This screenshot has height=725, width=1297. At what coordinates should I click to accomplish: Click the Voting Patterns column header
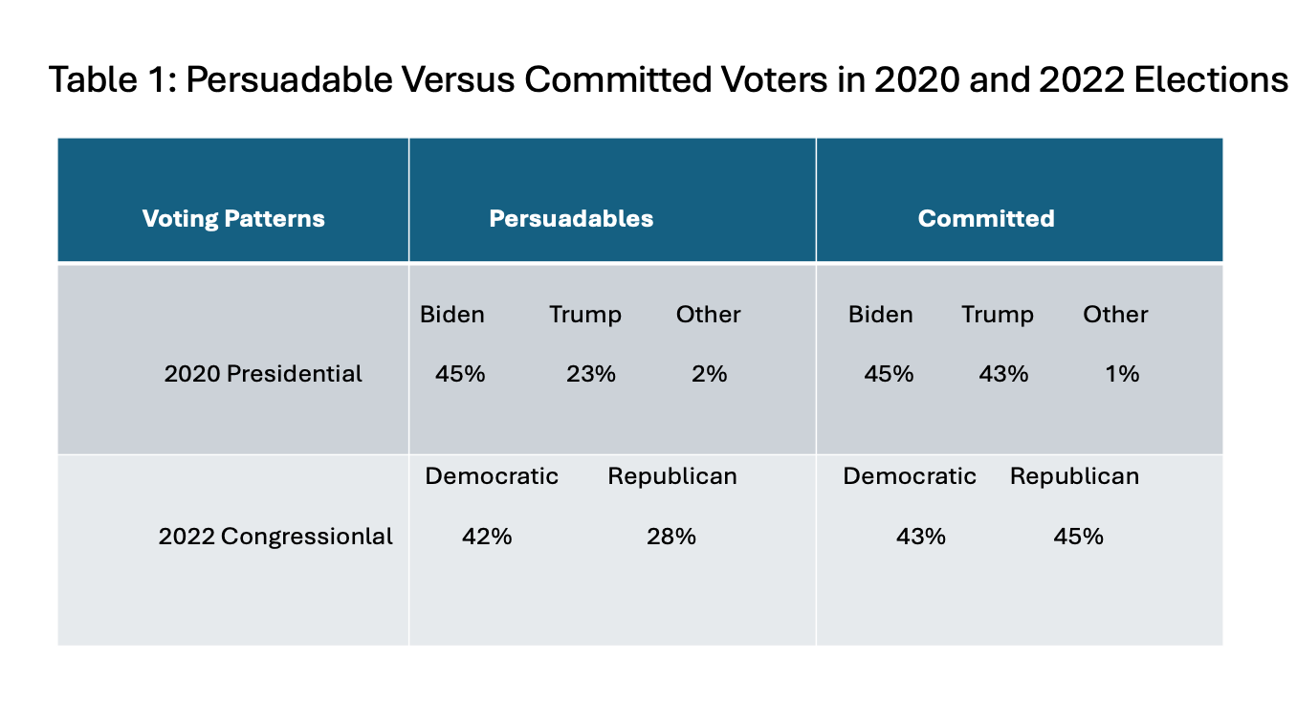(x=233, y=219)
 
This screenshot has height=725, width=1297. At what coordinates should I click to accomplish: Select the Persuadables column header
(x=571, y=219)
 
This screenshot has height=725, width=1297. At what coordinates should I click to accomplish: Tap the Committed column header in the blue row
(x=985, y=219)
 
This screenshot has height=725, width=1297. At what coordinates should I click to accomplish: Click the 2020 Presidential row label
(x=263, y=374)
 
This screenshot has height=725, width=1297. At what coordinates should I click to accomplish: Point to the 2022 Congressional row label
(x=275, y=537)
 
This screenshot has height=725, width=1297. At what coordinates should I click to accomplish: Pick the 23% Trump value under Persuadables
(x=591, y=374)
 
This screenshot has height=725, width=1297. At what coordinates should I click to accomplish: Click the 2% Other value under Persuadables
(x=709, y=374)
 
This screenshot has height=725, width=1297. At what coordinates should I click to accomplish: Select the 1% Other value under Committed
(x=1122, y=374)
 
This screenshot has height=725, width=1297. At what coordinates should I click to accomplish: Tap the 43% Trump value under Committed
(x=1003, y=374)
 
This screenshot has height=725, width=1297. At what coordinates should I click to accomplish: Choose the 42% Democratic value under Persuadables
(x=487, y=537)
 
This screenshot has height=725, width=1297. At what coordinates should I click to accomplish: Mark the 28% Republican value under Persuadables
(x=670, y=537)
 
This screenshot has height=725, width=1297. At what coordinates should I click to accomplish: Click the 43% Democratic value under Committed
(x=920, y=537)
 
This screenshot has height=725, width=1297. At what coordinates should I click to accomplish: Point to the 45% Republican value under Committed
(x=1078, y=537)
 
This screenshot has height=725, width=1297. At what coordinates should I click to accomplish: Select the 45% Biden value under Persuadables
(x=460, y=374)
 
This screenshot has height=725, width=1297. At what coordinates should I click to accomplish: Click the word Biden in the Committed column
(x=880, y=315)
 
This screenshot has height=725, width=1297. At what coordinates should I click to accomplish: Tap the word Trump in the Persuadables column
(x=584, y=315)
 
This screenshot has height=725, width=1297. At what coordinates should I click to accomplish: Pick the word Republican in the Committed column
(x=1074, y=476)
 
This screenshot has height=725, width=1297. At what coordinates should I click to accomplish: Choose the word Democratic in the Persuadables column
(x=492, y=476)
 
